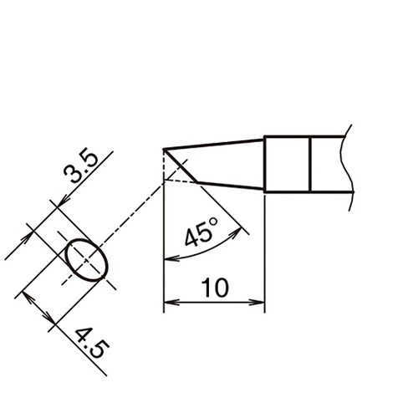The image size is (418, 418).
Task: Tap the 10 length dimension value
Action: (x=214, y=288)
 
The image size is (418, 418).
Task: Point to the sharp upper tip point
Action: (x=165, y=150)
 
